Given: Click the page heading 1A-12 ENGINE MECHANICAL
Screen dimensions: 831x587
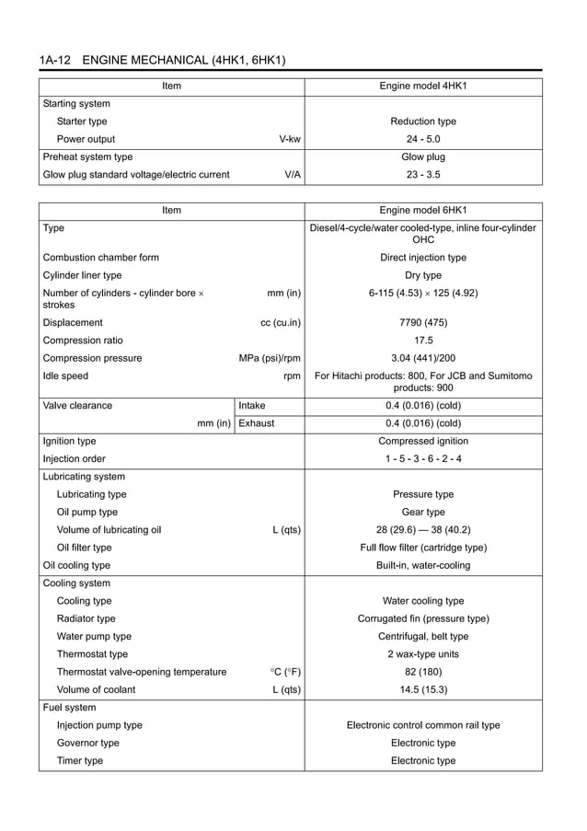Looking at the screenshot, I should (162, 61).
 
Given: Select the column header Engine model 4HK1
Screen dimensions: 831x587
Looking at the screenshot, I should (423, 87).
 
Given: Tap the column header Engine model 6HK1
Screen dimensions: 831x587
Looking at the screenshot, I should (423, 211).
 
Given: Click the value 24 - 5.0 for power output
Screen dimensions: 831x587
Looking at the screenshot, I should (423, 139).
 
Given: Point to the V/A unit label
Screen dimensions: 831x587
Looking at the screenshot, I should (293, 175).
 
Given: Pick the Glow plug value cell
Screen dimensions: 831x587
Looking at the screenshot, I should (423, 157).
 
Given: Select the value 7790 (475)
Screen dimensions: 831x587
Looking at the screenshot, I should (423, 323).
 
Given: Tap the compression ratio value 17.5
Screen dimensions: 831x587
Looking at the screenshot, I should (423, 340).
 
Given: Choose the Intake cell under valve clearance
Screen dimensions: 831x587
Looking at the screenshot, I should (254, 406).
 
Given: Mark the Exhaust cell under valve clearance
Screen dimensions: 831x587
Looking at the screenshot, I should (257, 423).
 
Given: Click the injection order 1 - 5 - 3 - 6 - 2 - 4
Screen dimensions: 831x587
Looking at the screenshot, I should (423, 459).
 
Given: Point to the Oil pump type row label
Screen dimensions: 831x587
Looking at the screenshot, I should (87, 513).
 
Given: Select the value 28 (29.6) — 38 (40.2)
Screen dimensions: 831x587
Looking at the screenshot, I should (423, 530).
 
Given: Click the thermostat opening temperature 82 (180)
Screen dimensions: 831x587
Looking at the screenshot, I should (423, 672).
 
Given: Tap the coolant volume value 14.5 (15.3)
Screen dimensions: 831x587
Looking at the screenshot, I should (423, 689).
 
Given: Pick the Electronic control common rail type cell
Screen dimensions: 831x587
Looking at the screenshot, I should (423, 725).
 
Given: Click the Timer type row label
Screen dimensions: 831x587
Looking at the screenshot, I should (80, 761).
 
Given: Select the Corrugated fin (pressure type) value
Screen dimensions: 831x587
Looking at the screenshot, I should (423, 618).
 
